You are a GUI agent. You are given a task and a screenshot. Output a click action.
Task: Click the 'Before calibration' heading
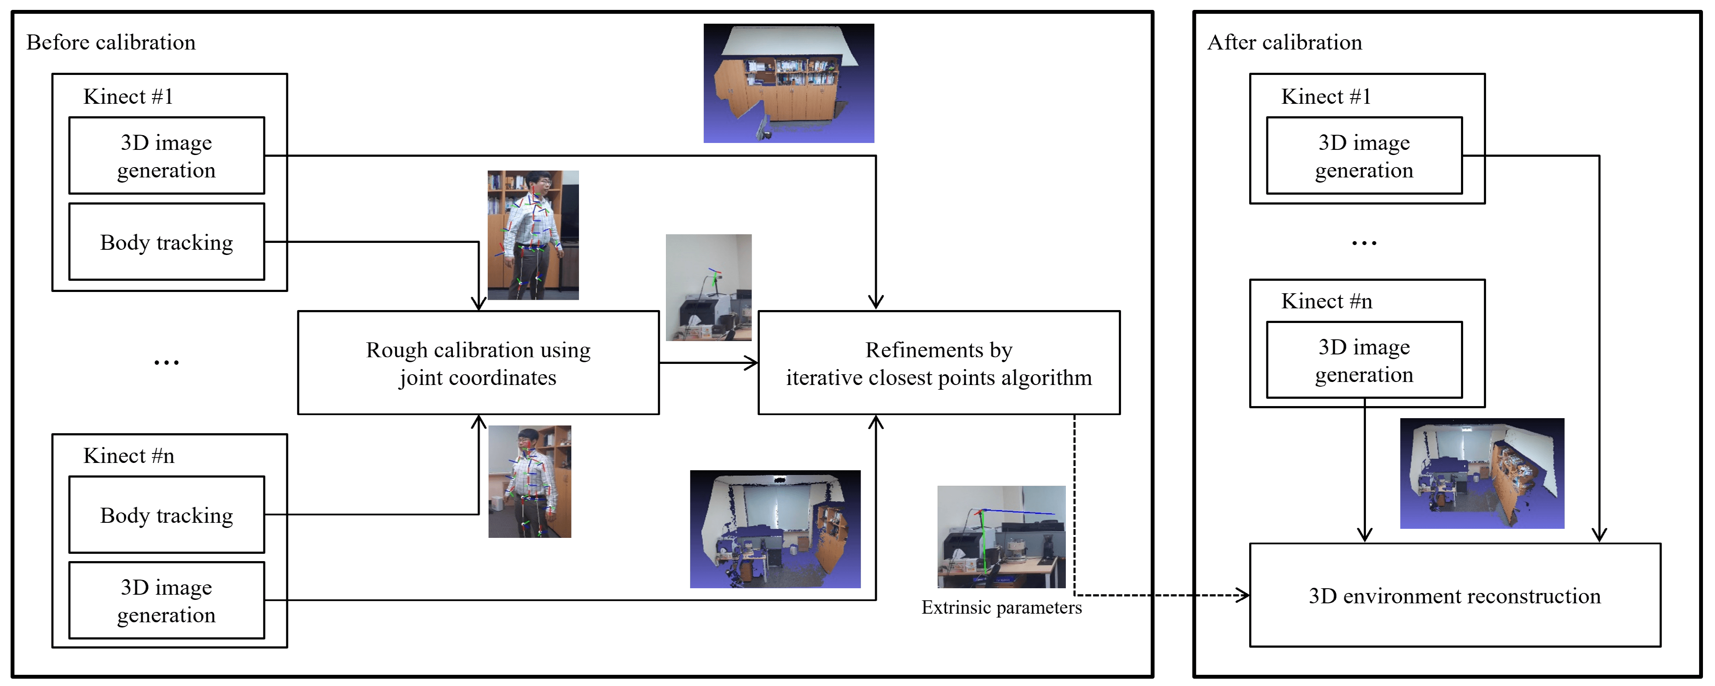point(111,43)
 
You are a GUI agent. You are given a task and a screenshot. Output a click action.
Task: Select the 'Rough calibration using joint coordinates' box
point(478,363)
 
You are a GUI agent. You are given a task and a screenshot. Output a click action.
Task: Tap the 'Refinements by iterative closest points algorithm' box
point(939,363)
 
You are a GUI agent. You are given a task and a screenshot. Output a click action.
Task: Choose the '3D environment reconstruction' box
point(1455,596)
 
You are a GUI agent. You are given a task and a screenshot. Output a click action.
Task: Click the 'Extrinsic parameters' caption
point(1001,608)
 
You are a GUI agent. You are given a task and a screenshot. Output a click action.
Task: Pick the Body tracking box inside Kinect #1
point(167,242)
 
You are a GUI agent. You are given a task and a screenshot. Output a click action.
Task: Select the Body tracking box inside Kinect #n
point(167,515)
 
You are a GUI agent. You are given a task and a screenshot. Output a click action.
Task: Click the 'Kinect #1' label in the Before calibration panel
point(128,96)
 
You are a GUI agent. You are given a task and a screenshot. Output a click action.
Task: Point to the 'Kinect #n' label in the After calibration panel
point(1326,301)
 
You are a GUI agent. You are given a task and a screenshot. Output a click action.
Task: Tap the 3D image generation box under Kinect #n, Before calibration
point(167,601)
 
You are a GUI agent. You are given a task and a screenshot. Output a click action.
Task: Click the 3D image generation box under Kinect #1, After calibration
point(1363,156)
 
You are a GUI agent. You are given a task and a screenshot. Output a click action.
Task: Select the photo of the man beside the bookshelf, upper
point(532,235)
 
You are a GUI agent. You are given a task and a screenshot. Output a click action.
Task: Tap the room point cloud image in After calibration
point(1482,474)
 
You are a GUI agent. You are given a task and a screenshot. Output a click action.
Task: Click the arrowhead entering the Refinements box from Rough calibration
point(752,363)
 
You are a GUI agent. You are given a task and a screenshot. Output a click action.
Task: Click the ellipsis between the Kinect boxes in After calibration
point(1363,243)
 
